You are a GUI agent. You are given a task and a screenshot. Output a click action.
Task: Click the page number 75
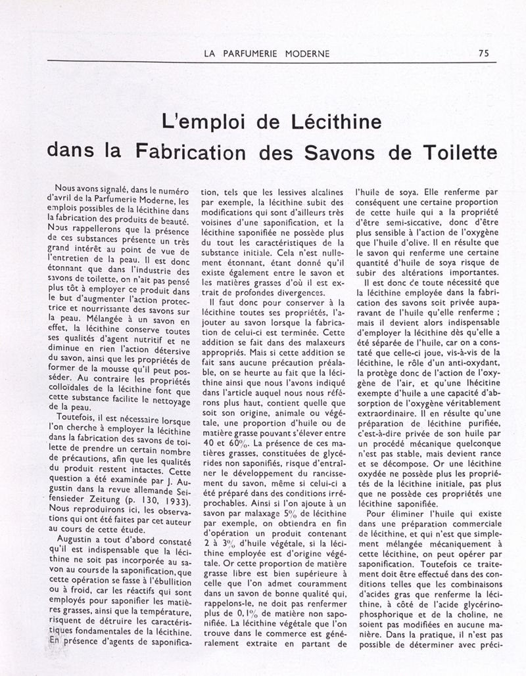pyautogui.click(x=483, y=53)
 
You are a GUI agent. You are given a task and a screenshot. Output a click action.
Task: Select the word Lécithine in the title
pyautogui.click(x=347, y=123)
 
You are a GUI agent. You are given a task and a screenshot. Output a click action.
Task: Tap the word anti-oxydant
pyautogui.click(x=470, y=363)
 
